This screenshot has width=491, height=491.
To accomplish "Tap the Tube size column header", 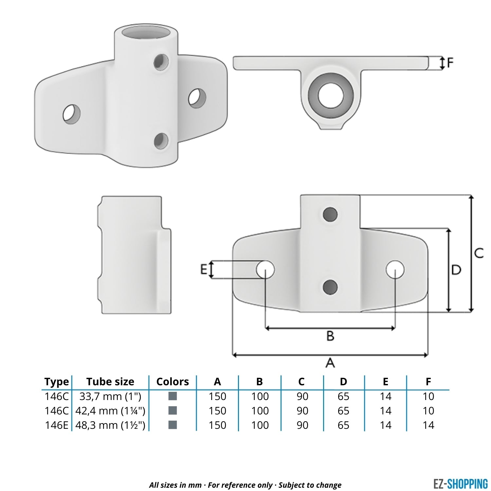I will click(110, 382).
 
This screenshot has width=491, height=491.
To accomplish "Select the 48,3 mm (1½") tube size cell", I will click(110, 425).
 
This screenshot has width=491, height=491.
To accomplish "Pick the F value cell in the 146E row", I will click(428, 425).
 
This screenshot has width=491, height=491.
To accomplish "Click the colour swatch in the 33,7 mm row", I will click(173, 396).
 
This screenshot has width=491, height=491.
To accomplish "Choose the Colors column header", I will click(173, 382).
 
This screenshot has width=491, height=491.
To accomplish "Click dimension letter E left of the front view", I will click(204, 270).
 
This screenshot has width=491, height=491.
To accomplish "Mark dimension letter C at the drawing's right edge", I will click(479, 253).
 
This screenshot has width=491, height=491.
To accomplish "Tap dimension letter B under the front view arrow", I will click(330, 336).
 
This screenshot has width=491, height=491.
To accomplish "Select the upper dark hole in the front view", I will click(330, 214).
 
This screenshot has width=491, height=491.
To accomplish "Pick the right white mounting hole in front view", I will click(395, 270).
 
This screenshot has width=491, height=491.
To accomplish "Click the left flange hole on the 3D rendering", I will click(72, 114).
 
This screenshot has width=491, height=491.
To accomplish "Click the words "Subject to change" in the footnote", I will click(310, 485).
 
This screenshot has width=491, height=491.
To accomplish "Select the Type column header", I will click(57, 382).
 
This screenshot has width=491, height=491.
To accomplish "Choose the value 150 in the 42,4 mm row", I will click(217, 410).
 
